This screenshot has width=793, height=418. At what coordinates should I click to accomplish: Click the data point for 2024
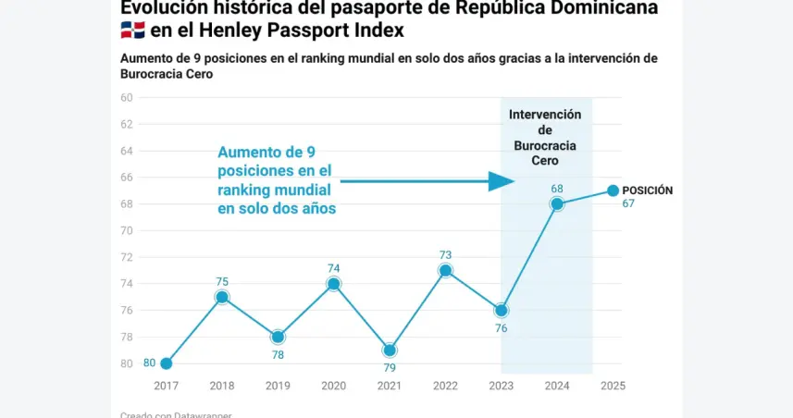(556, 203)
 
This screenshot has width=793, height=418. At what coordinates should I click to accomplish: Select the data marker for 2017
(167, 363)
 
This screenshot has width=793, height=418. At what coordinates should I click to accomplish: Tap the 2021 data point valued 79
(390, 350)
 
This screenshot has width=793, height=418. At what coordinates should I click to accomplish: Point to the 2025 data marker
(613, 191)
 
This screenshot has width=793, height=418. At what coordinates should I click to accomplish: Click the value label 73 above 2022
(445, 254)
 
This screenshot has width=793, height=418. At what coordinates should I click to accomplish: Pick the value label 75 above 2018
(222, 281)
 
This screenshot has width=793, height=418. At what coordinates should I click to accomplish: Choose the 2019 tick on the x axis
(278, 386)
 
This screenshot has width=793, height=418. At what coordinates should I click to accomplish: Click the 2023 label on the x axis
(501, 386)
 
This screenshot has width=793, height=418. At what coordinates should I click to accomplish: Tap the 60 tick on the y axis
(127, 97)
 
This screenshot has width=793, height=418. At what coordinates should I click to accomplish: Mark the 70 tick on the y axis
(127, 230)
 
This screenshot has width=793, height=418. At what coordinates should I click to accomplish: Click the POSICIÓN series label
(647, 191)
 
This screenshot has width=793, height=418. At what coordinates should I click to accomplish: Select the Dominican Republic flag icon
(132, 31)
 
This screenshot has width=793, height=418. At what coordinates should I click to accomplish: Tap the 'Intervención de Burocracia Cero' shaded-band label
(545, 137)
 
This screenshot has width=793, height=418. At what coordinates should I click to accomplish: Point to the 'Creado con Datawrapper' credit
(176, 414)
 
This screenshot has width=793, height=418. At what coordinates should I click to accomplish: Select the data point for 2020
(334, 284)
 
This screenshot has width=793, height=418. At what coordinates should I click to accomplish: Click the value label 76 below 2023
(501, 328)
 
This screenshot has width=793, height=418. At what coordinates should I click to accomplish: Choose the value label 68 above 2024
(556, 189)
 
